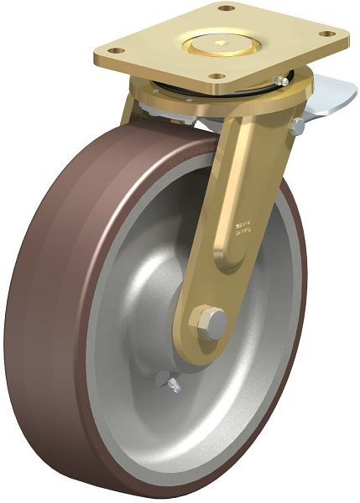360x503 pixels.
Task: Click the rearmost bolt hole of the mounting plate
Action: [225, 8]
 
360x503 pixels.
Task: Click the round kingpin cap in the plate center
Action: [221, 41]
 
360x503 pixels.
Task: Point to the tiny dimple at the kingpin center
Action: [221, 40]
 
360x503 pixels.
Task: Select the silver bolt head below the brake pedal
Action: [297, 126]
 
